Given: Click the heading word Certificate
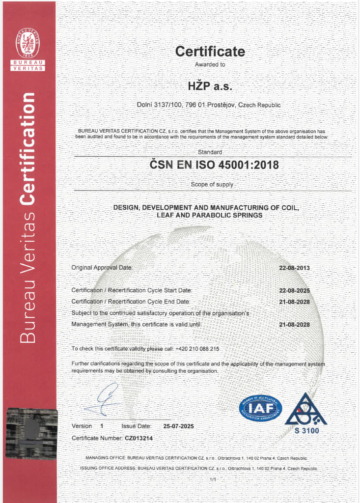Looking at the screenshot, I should (210, 51).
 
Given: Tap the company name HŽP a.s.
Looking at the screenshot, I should (210, 86).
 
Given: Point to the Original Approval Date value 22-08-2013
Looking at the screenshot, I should (294, 268).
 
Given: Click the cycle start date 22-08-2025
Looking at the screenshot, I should (294, 290).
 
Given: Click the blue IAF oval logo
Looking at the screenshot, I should (260, 408).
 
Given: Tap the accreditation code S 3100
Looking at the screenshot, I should (307, 431).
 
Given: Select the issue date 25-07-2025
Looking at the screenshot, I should (179, 426).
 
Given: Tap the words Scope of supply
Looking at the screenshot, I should (212, 185).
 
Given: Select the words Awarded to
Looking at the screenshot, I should (210, 64).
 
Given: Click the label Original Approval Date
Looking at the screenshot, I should (102, 268).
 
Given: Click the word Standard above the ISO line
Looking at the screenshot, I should (210, 153).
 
